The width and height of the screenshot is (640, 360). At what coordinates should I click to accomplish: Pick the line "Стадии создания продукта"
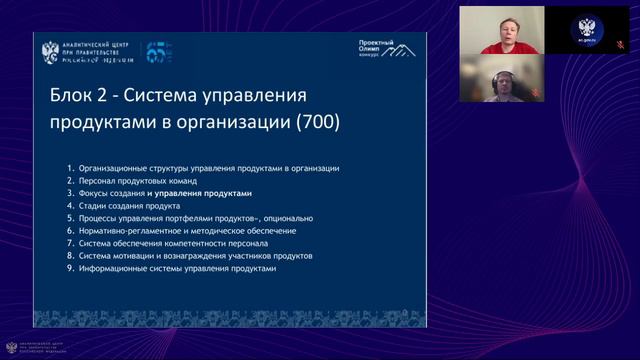tap(130, 205)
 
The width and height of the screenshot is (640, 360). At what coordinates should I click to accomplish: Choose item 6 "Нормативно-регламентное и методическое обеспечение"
tap(178, 230)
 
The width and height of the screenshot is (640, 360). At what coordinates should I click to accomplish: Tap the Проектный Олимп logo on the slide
tap(389, 48)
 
